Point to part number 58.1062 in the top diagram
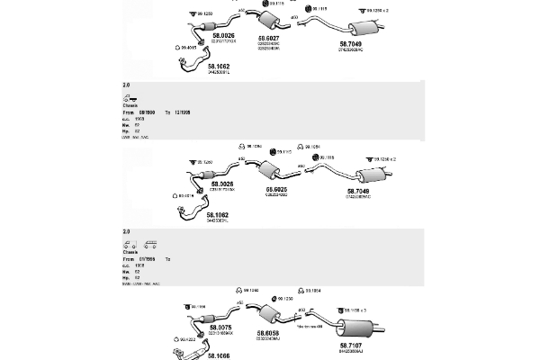pyautogui.click(x=219, y=66)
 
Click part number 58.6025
pyautogui.click(x=275, y=189)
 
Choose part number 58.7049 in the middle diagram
pyautogui.click(x=359, y=192)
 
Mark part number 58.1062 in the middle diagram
pyautogui.click(x=218, y=215)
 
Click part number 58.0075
pyautogui.click(x=220, y=328)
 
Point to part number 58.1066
pyautogui.click(x=219, y=355)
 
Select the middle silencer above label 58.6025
pyautogui.click(x=266, y=171)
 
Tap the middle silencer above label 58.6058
pyautogui.click(x=265, y=317)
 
